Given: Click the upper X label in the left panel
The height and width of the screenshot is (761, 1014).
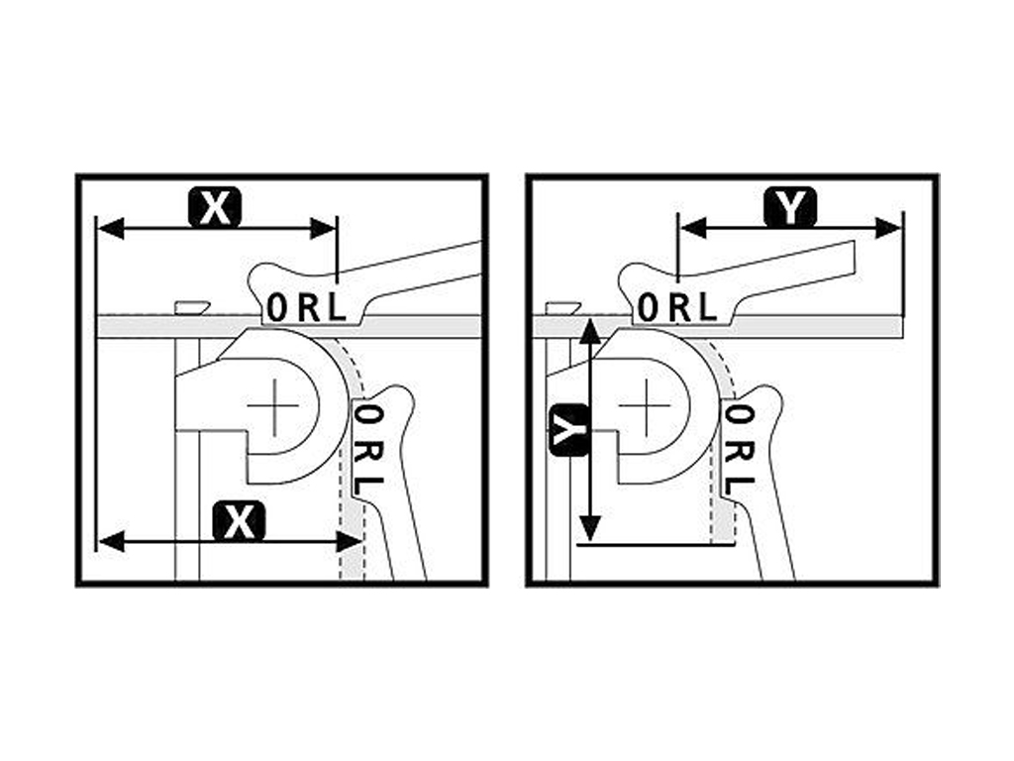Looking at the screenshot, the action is pyautogui.click(x=215, y=207).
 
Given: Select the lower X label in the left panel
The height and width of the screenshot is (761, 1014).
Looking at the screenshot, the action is pyautogui.click(x=240, y=521).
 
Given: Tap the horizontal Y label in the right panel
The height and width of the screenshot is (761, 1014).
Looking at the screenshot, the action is pyautogui.click(x=790, y=207).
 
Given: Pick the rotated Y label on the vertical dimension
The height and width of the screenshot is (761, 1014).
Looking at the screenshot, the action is pyautogui.click(x=569, y=430).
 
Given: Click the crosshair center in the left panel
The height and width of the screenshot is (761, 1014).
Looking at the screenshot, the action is pyautogui.click(x=273, y=406).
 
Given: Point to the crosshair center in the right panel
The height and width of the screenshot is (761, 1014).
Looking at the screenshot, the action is pyautogui.click(x=645, y=406).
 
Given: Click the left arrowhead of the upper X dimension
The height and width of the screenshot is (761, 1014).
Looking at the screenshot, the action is pyautogui.click(x=109, y=229).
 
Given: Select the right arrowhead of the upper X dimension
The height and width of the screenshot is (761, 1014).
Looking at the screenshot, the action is pyautogui.click(x=324, y=229).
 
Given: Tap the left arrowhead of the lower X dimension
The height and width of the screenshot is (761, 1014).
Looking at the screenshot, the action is pyautogui.click(x=110, y=540).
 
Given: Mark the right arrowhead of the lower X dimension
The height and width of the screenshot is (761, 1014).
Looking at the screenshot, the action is pyautogui.click(x=350, y=540).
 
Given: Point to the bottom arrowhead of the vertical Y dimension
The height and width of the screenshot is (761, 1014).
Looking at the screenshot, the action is pyautogui.click(x=589, y=528).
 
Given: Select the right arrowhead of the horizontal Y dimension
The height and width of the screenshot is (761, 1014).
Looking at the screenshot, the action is pyautogui.click(x=888, y=229).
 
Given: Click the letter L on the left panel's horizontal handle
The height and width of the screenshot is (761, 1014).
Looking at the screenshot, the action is pyautogui.click(x=337, y=307).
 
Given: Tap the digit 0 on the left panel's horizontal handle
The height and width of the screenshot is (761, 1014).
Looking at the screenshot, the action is pyautogui.click(x=276, y=307).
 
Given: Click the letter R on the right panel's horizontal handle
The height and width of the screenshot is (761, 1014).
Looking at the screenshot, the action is pyautogui.click(x=679, y=307).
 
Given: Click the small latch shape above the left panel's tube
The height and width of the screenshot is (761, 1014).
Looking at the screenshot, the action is pyautogui.click(x=193, y=307).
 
